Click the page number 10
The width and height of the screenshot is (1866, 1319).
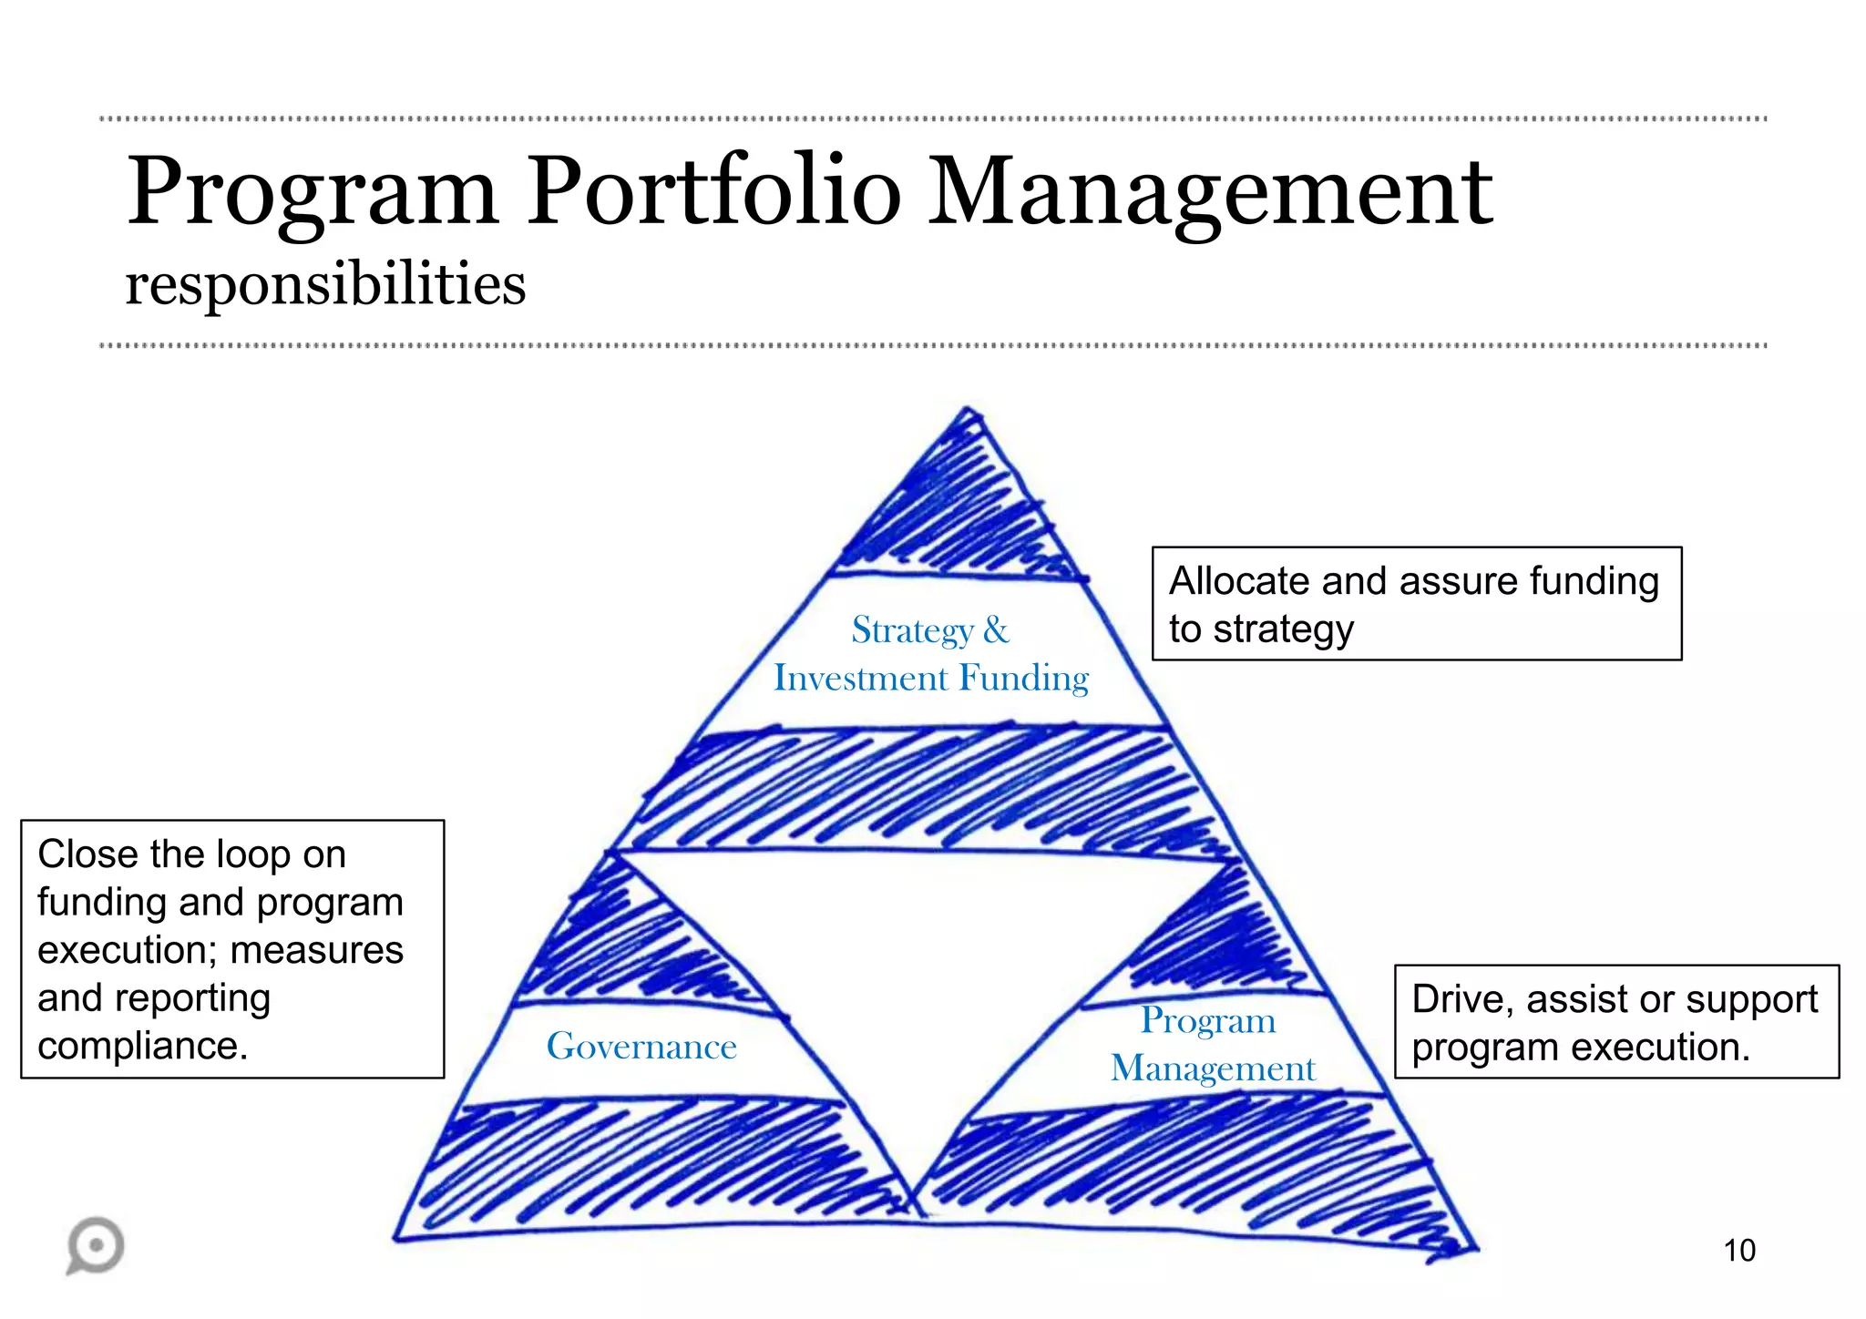[1738, 1251]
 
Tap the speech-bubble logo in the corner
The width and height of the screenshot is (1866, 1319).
[96, 1244]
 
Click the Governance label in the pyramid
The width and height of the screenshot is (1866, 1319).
[641, 1047]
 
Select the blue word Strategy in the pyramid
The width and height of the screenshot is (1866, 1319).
[912, 630]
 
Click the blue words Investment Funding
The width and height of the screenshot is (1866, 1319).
[931, 679]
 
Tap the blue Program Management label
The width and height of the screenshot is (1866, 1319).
[1211, 1045]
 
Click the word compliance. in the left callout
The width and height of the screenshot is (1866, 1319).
[143, 1046]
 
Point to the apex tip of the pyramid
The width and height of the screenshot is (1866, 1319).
[967, 412]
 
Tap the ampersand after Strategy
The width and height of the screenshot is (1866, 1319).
[996, 630]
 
